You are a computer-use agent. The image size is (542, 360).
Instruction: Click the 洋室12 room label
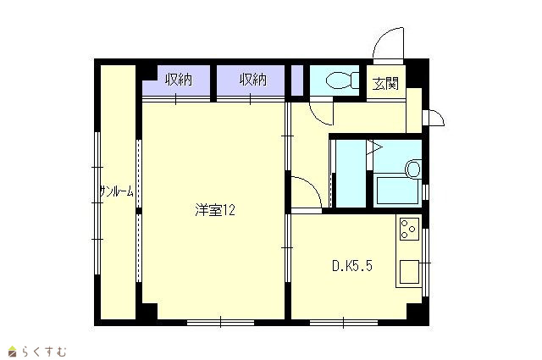[x=215, y=210]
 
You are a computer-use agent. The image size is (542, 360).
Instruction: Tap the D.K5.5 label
[x=352, y=266]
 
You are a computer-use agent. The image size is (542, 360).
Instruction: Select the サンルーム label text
[x=117, y=191]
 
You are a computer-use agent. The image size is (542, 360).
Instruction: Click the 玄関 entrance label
[x=385, y=84]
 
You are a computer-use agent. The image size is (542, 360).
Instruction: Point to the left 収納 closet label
[x=179, y=80]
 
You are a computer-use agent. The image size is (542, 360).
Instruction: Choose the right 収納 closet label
[x=253, y=80]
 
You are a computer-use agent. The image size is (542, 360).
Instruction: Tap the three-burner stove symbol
[x=409, y=229]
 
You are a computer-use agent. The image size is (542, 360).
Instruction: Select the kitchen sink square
[x=409, y=272]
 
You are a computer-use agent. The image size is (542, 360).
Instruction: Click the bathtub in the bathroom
[x=397, y=191]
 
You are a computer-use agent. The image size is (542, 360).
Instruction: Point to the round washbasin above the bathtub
[x=413, y=169]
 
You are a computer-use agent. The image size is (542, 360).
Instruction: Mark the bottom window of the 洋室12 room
[x=220, y=323]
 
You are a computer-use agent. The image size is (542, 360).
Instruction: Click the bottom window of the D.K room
[x=344, y=323]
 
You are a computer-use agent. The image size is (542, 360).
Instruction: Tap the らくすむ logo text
[x=44, y=352]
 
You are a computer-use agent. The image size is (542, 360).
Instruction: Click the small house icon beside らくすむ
[x=13, y=351]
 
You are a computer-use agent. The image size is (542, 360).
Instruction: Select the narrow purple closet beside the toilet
[x=297, y=80]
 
